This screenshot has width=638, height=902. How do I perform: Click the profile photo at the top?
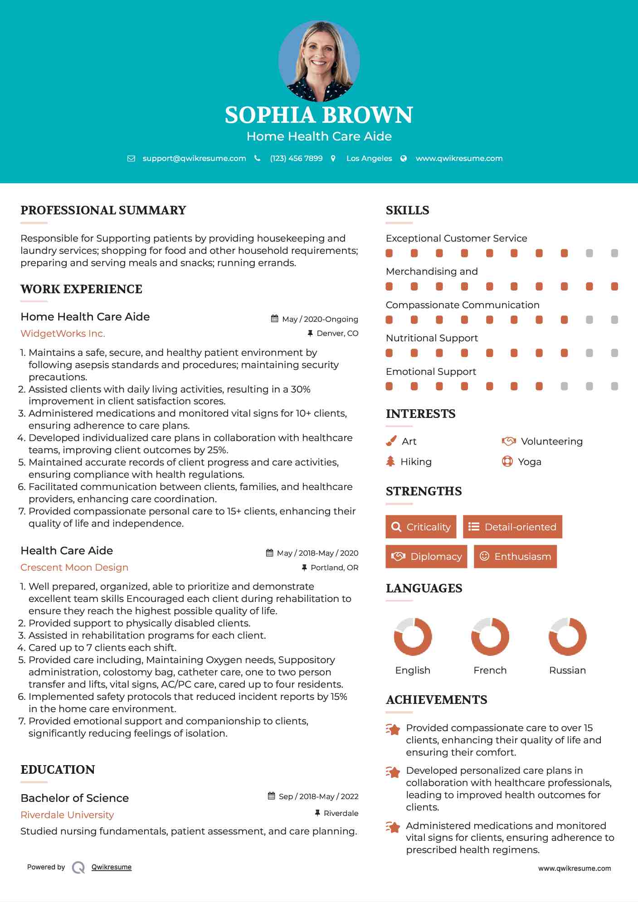click(x=319, y=61)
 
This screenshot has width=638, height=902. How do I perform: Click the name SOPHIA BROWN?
click(x=319, y=115)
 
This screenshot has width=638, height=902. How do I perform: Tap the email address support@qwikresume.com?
click(x=194, y=159)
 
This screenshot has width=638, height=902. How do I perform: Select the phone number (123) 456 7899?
click(x=296, y=159)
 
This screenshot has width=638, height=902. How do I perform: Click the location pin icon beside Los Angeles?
click(x=333, y=159)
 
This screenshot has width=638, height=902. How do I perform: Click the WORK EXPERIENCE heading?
click(x=81, y=289)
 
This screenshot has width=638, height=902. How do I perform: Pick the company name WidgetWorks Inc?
click(x=63, y=334)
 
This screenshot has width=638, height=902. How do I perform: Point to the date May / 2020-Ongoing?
click(x=320, y=319)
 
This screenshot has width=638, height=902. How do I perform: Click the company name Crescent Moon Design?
click(x=74, y=567)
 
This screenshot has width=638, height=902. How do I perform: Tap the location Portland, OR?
click(x=334, y=567)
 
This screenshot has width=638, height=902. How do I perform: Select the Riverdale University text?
click(x=67, y=815)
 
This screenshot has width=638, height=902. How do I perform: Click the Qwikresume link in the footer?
click(x=112, y=867)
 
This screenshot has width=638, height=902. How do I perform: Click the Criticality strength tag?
click(x=421, y=527)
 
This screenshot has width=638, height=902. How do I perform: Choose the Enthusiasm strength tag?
click(x=515, y=557)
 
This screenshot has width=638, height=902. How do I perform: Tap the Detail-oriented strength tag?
click(x=512, y=527)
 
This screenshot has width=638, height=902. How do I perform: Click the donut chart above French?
click(x=490, y=636)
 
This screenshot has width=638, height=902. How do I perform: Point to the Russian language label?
click(x=567, y=670)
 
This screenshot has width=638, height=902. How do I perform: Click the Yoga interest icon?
click(x=507, y=461)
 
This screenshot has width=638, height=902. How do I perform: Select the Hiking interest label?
click(x=416, y=462)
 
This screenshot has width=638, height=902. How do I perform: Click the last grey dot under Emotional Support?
click(x=614, y=386)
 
